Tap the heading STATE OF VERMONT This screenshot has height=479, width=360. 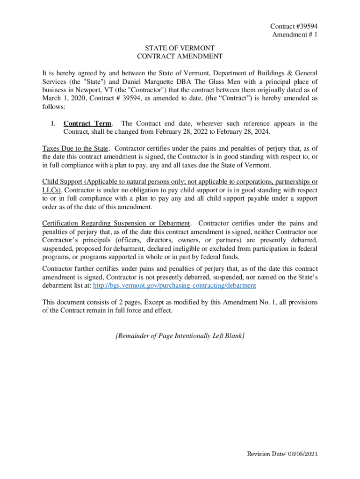point(180,48)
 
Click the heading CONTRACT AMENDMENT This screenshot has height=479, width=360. point(180,57)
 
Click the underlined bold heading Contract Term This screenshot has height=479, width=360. point(87,123)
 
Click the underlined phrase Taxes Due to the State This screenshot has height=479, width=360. point(75,149)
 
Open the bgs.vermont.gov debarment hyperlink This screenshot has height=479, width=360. point(175,285)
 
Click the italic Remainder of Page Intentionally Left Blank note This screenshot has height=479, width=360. point(180,336)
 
